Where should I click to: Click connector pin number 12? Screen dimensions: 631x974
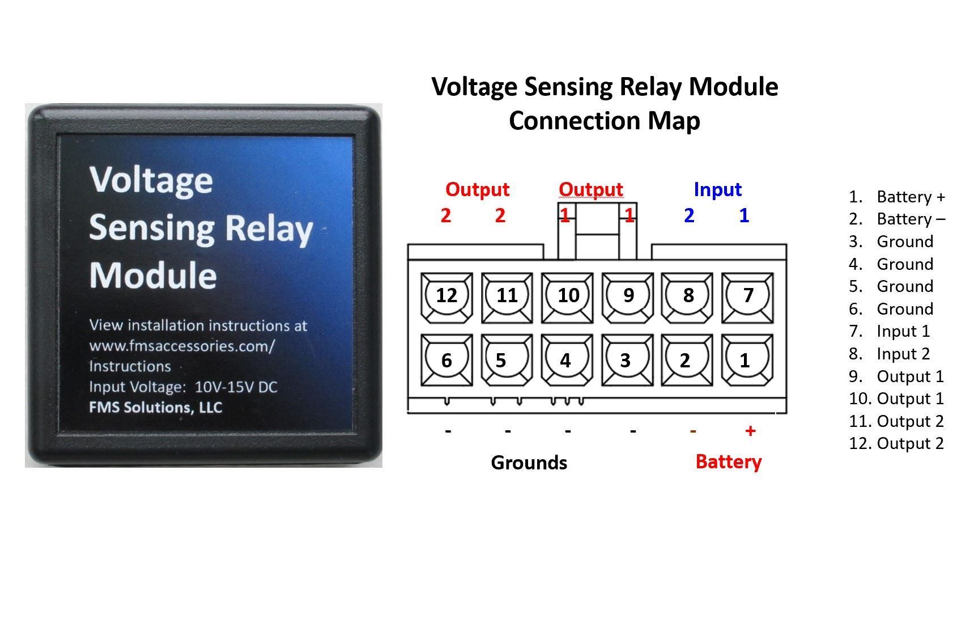click(x=446, y=295)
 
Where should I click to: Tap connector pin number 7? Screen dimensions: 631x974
click(x=748, y=295)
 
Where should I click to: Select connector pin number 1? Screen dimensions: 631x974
click(x=745, y=361)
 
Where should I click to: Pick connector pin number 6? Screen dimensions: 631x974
click(x=446, y=361)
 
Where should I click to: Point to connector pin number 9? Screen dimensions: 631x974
click(x=628, y=295)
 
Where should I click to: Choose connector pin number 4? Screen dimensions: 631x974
click(x=565, y=361)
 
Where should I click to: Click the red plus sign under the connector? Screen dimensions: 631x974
click(x=750, y=431)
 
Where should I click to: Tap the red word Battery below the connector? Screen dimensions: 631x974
click(x=728, y=461)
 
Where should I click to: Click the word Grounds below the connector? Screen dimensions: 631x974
click(x=529, y=463)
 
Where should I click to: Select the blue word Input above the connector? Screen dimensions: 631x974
click(x=717, y=189)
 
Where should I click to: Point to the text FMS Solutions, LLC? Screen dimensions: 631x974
click(x=155, y=408)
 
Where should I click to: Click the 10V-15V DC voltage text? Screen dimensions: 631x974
click(x=236, y=387)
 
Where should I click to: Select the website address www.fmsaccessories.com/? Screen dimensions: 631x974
click(x=181, y=346)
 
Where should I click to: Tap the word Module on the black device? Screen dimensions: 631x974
click(x=153, y=276)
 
